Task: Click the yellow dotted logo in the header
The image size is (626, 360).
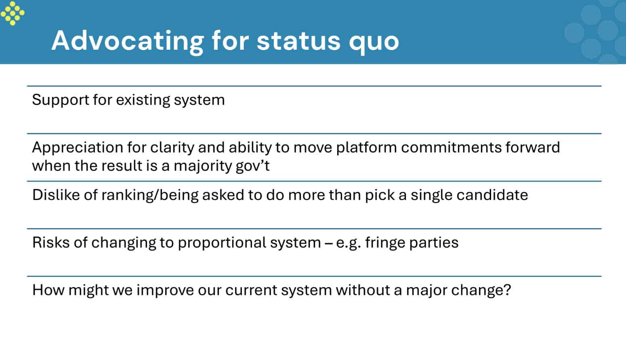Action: [13, 13]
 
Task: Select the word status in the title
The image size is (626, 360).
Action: [298, 41]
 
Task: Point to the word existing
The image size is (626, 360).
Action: [143, 100]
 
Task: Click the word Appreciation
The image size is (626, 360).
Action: [78, 148]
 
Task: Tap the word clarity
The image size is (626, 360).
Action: [172, 148]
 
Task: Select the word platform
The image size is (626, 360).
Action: [366, 148]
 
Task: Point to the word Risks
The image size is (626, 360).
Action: [51, 242]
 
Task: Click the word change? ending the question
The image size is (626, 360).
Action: [481, 291]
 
